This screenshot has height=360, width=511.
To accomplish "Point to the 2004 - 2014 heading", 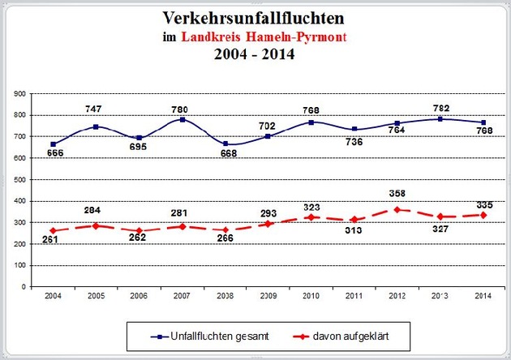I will [x=255, y=57].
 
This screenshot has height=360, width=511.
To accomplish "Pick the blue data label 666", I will [x=55, y=152].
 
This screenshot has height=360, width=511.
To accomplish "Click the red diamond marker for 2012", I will [x=397, y=210].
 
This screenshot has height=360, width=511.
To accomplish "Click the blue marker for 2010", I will [x=311, y=122].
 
